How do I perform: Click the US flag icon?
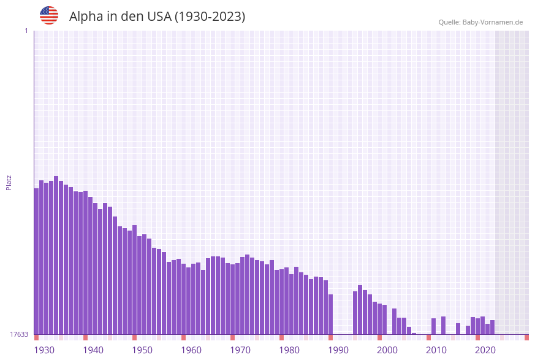(49, 15)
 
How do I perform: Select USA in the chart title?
(159, 17)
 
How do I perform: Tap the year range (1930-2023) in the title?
(210, 17)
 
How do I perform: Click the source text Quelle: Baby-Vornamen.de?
(480, 22)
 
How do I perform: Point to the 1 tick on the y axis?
(26, 31)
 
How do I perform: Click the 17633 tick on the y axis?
(18, 334)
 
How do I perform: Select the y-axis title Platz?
(9, 182)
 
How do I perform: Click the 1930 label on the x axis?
(44, 350)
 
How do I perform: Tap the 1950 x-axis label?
(142, 350)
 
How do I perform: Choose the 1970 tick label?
(240, 350)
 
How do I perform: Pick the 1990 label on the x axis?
(338, 350)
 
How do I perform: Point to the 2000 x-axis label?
(387, 350)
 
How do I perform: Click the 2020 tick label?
(485, 350)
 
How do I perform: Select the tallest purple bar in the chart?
(56, 255)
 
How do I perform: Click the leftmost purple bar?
(36, 261)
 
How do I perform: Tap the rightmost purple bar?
(492, 327)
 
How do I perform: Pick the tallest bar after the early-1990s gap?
(360, 310)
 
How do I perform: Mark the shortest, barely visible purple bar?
(414, 334)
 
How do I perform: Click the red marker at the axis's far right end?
(526, 337)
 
